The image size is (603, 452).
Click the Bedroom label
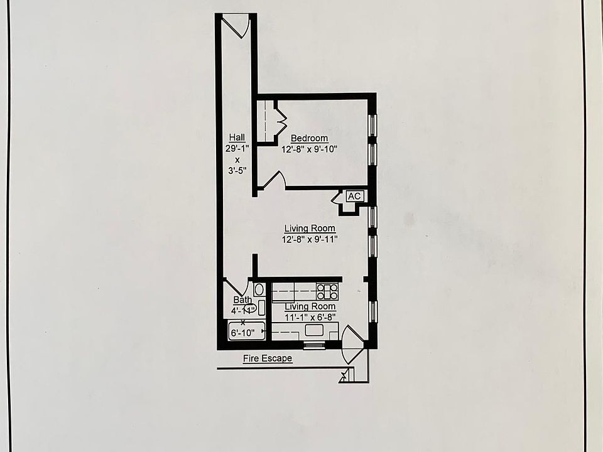pyautogui.click(x=309, y=138)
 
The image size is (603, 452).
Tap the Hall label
pyautogui.click(x=237, y=137)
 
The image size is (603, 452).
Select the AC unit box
pyautogui.click(x=354, y=196)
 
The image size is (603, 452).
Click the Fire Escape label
pyautogui.click(x=268, y=359)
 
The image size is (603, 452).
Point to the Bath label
pyautogui.click(x=242, y=299)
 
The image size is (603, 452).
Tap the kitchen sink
pyautogui.click(x=314, y=330)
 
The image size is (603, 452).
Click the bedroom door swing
pyautogui.click(x=274, y=181)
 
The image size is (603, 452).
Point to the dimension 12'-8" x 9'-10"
pyautogui.click(x=309, y=149)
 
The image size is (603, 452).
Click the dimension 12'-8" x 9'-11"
pyautogui.click(x=310, y=239)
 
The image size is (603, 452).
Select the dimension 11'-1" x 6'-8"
pyautogui.click(x=310, y=317)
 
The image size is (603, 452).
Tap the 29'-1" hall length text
pyautogui.click(x=237, y=149)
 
